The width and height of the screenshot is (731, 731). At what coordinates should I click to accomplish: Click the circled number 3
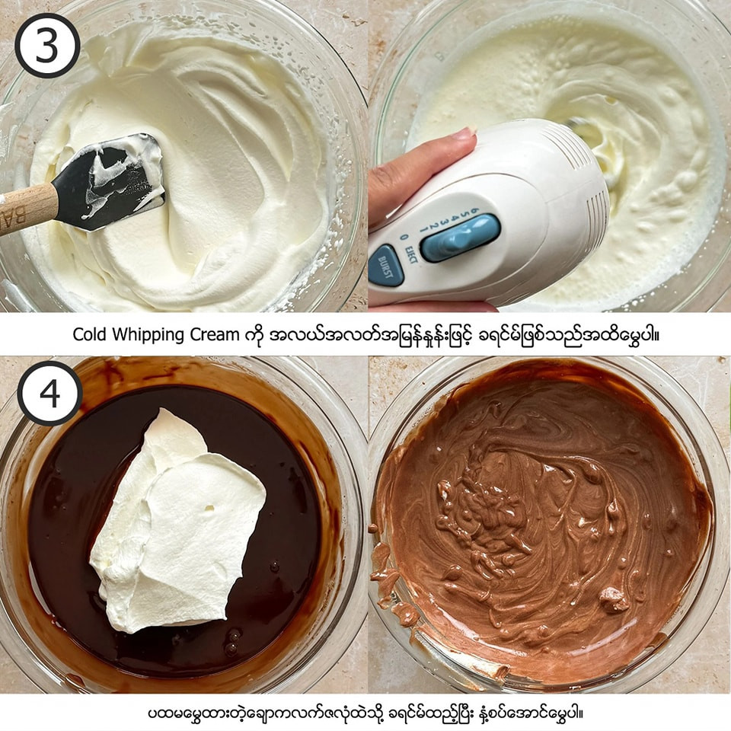point(47,45)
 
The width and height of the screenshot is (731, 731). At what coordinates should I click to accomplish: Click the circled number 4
point(50,393)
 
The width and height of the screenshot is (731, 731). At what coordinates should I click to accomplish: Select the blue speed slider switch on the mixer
point(461,238)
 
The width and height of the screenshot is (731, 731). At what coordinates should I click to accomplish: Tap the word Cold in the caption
point(90,334)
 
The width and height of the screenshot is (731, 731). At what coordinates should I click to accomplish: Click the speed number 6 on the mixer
point(475,210)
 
